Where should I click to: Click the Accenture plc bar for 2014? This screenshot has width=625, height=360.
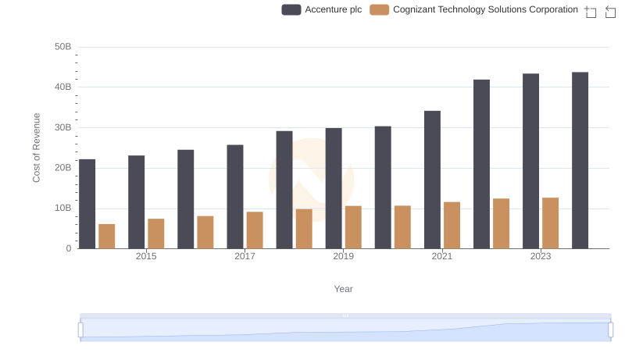[87, 204]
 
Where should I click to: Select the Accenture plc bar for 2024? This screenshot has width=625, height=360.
[580, 160]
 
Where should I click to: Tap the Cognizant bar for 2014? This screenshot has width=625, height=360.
[107, 236]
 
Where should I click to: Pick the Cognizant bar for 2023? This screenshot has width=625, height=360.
[550, 223]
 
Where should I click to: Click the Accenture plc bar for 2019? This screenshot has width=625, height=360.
[334, 188]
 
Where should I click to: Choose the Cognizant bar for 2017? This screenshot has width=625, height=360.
[255, 230]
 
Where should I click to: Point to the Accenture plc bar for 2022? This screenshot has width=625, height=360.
[481, 164]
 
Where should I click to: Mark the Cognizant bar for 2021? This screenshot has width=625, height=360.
[452, 225]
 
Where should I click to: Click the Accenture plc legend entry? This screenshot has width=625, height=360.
[322, 9]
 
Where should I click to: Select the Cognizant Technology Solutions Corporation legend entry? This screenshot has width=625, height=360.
[473, 9]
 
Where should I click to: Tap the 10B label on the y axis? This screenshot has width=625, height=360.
[62, 209]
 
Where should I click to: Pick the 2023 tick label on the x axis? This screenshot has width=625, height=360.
[541, 256]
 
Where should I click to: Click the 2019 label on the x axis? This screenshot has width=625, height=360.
[343, 256]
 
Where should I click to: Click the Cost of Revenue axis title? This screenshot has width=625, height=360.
[36, 148]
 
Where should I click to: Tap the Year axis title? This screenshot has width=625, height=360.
[343, 289]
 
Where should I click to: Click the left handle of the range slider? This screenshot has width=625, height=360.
[80, 330]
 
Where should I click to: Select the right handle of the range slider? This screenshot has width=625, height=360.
[611, 330]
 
